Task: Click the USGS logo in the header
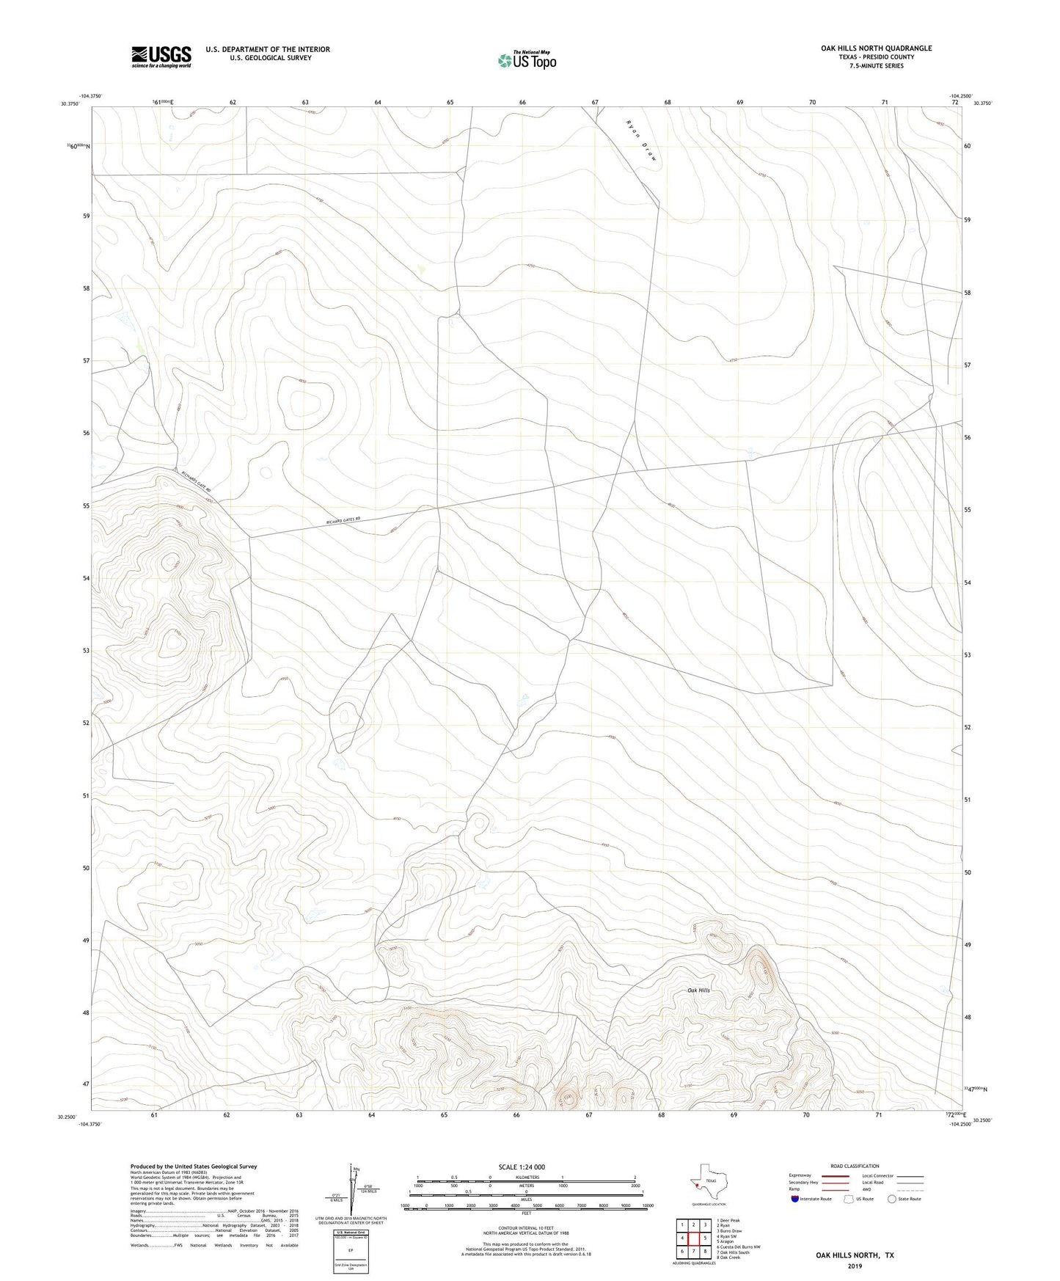tap(161, 56)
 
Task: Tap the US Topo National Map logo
tap(527, 60)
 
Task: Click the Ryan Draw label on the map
tap(640, 140)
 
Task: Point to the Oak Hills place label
tap(698, 990)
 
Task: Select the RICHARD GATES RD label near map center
tap(344, 520)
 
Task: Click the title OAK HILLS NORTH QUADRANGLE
tap(876, 48)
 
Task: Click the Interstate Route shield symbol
tap(795, 1199)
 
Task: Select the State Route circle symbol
tap(892, 1199)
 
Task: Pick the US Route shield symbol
tap(849, 1199)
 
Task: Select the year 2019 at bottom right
tap(855, 1266)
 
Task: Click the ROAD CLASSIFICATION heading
tap(855, 1166)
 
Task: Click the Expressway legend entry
tap(800, 1175)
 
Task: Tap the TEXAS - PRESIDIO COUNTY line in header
tap(876, 57)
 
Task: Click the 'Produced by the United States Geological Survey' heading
tap(194, 1167)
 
